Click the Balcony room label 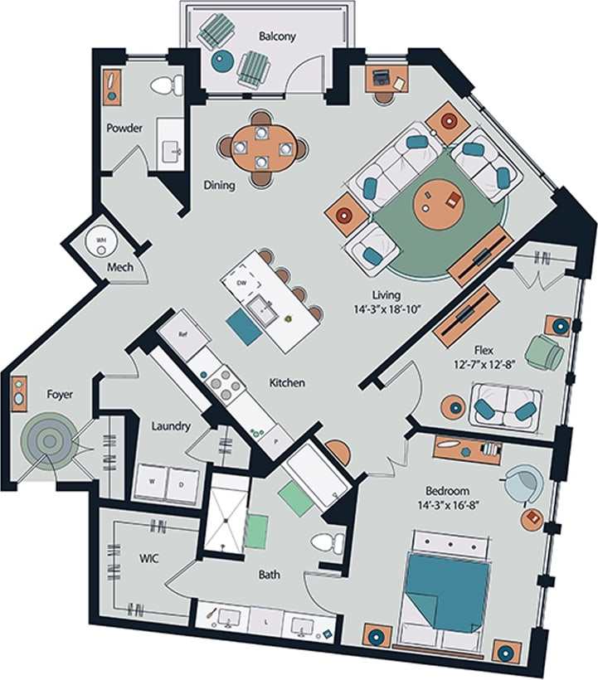(276, 36)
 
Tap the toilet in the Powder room (168, 85)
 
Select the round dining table (263, 148)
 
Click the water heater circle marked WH (102, 241)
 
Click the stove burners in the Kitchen (221, 382)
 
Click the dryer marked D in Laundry (182, 483)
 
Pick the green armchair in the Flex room (544, 352)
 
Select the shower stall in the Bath (226, 512)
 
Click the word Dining (219, 185)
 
